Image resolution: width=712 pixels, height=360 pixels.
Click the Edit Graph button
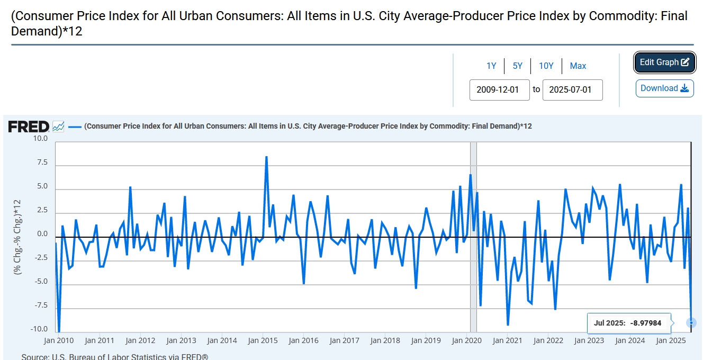click(664, 62)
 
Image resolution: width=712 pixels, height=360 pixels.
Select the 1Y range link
click(491, 66)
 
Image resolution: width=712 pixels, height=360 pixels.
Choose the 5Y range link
click(517, 66)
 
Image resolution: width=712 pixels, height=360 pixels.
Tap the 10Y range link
click(546, 66)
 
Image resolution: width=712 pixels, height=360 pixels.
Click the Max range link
click(578, 66)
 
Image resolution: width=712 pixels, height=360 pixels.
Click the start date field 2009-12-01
click(499, 89)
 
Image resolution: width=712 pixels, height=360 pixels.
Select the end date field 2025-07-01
click(572, 89)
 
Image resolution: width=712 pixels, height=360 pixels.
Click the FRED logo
click(29, 127)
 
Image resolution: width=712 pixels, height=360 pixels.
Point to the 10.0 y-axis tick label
click(40, 139)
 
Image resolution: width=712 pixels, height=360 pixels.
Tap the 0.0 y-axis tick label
click(42, 234)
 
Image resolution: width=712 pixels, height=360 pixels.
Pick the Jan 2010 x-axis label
click(58, 340)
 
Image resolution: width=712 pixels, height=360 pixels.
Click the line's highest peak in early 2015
click(266, 157)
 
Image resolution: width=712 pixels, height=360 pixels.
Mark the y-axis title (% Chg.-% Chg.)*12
click(17, 236)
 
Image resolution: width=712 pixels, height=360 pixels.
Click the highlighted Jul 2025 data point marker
click(691, 322)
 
